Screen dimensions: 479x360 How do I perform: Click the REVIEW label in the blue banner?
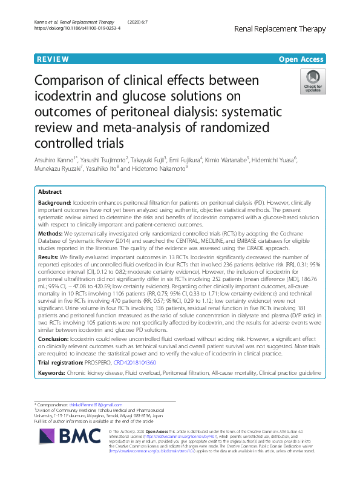pyautogui.click(x=52, y=59)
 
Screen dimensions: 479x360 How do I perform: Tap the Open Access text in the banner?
pyautogui.click(x=301, y=59)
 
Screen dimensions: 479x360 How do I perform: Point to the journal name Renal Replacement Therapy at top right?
pyautogui.click(x=286, y=28)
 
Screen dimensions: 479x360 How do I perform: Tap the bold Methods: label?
pyautogui.click(x=51, y=233)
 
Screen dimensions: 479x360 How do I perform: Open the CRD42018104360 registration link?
pyautogui.click(x=129, y=362)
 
